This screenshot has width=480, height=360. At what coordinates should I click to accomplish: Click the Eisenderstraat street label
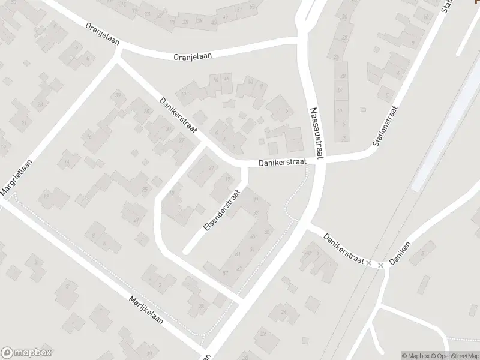(221, 211)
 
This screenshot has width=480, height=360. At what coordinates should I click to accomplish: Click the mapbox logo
(26, 352)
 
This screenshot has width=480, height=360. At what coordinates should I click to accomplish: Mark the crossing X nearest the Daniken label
(380, 265)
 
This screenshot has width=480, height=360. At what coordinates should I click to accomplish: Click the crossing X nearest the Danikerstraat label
(369, 263)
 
